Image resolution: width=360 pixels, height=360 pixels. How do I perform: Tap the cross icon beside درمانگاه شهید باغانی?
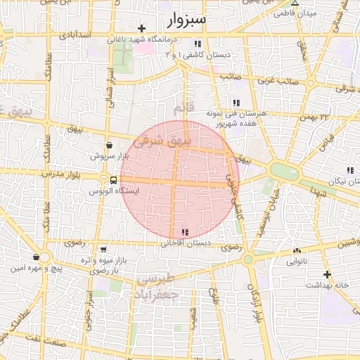(x=142, y=29)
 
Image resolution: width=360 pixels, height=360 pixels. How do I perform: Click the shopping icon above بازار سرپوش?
(x=108, y=144)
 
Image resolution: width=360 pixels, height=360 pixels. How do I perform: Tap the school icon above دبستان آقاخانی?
(x=185, y=232)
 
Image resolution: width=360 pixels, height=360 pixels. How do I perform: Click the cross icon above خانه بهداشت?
(x=327, y=274)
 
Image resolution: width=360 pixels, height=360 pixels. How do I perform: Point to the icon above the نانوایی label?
(x=297, y=250)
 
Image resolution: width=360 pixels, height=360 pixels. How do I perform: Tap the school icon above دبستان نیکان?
(x=349, y=171)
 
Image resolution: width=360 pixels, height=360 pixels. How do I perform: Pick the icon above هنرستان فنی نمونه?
(x=236, y=103)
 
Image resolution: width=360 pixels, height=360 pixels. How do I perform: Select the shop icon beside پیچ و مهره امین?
(x=35, y=257)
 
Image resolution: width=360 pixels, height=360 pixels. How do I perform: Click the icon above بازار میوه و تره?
(x=104, y=250)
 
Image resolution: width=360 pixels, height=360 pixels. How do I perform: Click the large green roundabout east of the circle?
(x=284, y=172)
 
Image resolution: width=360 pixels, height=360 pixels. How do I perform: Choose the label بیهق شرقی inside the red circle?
(x=162, y=141)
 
